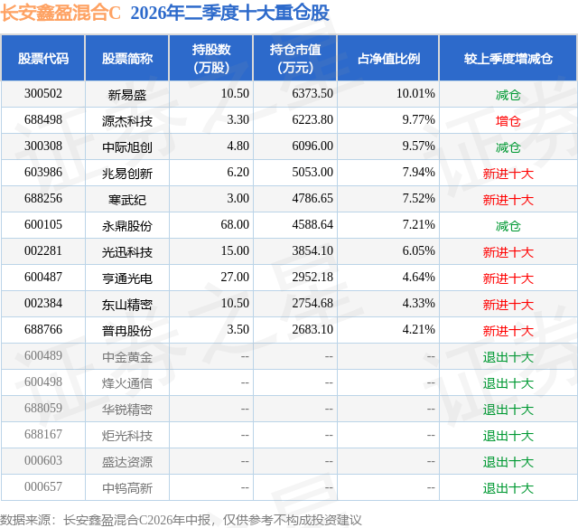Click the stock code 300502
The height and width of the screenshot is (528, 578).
[43, 94]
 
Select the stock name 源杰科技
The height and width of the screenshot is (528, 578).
[127, 121]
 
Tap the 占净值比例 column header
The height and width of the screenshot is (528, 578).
[388, 58]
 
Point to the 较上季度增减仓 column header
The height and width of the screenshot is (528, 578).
[508, 58]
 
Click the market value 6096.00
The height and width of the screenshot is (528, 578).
[312, 146]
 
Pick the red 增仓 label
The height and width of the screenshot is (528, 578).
[508, 121]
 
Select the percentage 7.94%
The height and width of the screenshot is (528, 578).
[418, 173]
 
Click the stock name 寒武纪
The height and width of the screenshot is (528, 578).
[127, 200]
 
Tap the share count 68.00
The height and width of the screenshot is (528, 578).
[235, 225]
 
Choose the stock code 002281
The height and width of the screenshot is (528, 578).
[43, 251]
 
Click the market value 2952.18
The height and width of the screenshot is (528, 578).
[312, 277]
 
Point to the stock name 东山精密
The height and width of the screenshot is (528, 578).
[127, 305]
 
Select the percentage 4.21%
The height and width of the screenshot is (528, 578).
[418, 329]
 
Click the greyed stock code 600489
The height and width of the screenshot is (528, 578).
[43, 355]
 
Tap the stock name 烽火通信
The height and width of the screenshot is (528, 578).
[127, 383]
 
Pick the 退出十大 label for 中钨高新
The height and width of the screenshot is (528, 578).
[508, 488]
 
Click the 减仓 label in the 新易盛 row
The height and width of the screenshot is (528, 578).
[508, 95]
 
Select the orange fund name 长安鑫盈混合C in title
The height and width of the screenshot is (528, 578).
[61, 14]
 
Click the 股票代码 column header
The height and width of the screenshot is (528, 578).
[43, 58]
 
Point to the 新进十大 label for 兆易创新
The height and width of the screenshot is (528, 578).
[508, 174]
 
